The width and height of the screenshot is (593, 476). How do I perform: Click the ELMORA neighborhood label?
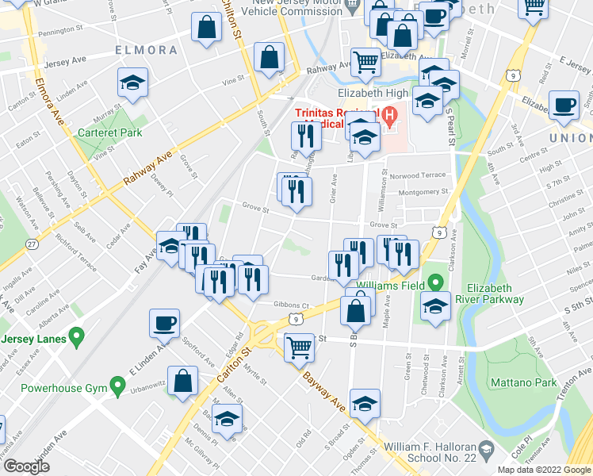(146, 50)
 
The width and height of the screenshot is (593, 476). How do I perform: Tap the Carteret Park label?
(109, 132)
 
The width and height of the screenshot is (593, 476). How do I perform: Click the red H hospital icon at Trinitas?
(388, 116)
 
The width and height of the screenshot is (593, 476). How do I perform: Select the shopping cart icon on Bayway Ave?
(300, 346)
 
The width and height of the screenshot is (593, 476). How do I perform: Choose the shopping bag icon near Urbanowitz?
(183, 379)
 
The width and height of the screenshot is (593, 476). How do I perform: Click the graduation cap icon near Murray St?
(132, 82)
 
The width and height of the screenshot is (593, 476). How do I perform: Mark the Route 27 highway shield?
(31, 243)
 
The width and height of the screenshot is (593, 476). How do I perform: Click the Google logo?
(26, 466)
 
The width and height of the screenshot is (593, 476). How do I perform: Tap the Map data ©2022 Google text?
(544, 470)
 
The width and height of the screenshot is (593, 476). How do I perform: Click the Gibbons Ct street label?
(291, 305)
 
